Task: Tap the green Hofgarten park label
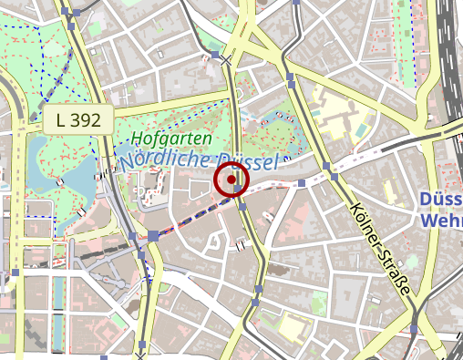(171, 139)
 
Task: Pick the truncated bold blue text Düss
(441, 200)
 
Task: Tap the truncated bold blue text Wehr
(441, 221)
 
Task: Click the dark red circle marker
(231, 180)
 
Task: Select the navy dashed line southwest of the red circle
(191, 217)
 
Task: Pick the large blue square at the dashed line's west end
(153, 235)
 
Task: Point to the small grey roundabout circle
(217, 242)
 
